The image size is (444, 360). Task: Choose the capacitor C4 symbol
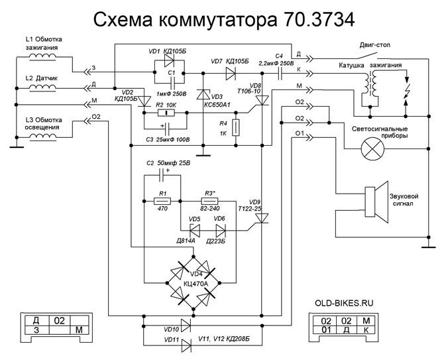click(x=280, y=69)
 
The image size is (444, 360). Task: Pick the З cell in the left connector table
click(x=36, y=330)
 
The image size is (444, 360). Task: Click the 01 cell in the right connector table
click(x=325, y=330)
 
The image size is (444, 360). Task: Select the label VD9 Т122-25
click(x=255, y=206)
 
